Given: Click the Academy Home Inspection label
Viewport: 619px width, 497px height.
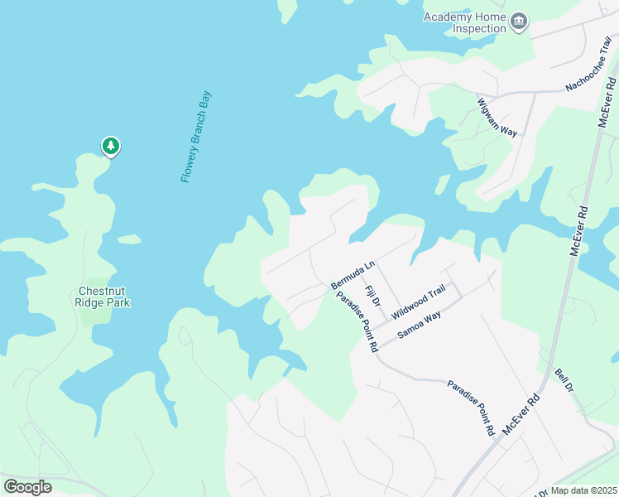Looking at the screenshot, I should (x=464, y=22).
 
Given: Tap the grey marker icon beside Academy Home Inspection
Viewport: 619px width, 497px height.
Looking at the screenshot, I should (x=519, y=22).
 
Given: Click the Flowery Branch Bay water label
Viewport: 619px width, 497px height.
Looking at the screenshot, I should (x=196, y=137).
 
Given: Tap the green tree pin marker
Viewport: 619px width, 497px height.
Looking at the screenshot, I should (x=111, y=146).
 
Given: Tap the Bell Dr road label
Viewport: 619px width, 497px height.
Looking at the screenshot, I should (x=564, y=382).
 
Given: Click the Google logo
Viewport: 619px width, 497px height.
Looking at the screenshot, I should (x=28, y=487).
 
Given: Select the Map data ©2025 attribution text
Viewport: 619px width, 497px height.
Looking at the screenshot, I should (x=584, y=490).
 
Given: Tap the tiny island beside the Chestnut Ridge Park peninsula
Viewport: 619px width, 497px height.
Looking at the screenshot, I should (x=128, y=239).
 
